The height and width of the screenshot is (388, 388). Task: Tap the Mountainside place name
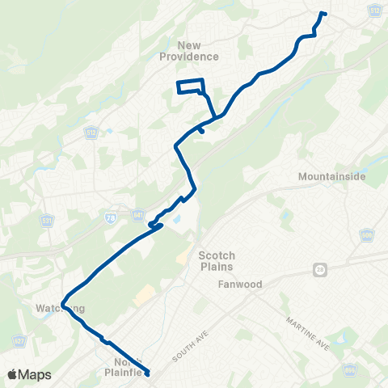[331, 176]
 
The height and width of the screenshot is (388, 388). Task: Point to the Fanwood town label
[215, 285]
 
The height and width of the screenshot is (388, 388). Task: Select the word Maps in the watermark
[36, 374]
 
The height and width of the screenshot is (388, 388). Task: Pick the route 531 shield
[46, 221]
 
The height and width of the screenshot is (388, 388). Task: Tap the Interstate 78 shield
[110, 218]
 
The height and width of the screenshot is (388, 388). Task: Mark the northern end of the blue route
[323, 13]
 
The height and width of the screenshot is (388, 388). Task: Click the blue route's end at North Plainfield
[148, 373]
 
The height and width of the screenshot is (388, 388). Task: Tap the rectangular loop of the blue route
[190, 88]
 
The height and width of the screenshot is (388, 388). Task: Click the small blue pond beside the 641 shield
[175, 218]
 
